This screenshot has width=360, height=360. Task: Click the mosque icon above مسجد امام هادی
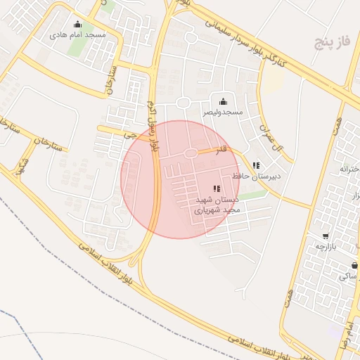point(78,24)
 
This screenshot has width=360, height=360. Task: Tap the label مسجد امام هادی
point(78,34)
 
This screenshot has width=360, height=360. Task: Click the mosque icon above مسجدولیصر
point(224,102)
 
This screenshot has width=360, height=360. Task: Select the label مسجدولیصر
point(224,112)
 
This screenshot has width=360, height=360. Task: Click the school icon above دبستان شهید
point(216,188)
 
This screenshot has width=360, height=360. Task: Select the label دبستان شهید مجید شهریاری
point(217,205)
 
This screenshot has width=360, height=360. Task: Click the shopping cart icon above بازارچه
point(325,236)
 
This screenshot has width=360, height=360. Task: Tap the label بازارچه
point(325,247)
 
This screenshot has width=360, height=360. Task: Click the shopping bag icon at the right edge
point(354,265)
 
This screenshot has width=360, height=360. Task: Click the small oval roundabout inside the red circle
point(190,153)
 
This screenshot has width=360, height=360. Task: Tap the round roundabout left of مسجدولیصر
point(184,103)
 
